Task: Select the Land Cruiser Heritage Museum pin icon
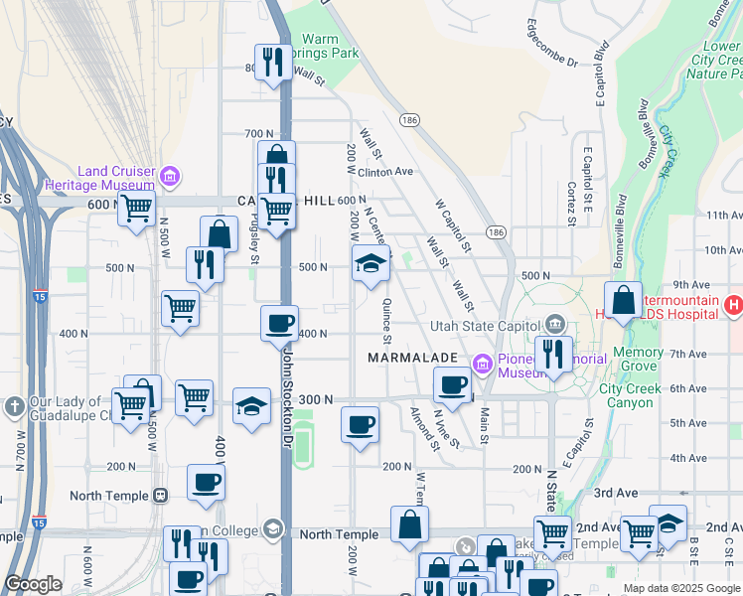(x=171, y=177)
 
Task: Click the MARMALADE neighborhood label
(x=411, y=357)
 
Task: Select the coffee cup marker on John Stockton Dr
(x=279, y=323)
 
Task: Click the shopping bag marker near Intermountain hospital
(x=622, y=300)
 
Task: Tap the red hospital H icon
(x=733, y=305)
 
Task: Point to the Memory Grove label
(x=638, y=360)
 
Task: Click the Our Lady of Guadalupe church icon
(x=15, y=405)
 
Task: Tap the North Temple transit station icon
(x=160, y=495)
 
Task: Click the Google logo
(x=33, y=584)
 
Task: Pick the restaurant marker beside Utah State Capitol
(x=552, y=354)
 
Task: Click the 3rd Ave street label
(x=614, y=493)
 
